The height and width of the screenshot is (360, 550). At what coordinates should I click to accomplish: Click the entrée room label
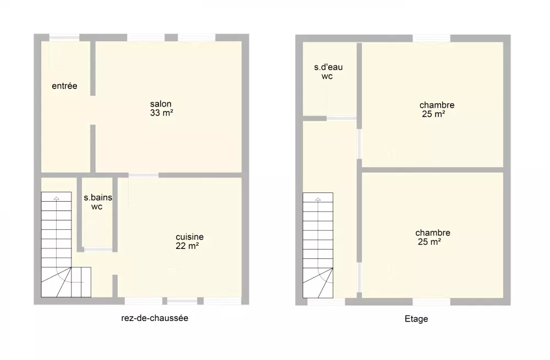pos(64,86)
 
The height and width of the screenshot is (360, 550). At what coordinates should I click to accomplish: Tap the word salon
pos(161,104)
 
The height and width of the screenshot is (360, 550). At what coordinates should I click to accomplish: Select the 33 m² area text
pos(161,113)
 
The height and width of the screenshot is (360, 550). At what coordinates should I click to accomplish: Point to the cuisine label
pos(189,237)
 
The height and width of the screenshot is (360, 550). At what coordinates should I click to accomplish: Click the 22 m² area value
pos(187,246)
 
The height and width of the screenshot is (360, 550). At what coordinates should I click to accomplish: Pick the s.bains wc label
pos(98,202)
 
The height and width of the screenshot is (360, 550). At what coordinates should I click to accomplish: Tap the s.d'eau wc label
pos(328,71)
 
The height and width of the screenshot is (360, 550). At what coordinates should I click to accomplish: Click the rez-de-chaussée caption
pos(155,318)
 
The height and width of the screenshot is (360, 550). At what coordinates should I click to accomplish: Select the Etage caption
pos(416,319)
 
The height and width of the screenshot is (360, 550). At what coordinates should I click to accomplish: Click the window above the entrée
pos(64,37)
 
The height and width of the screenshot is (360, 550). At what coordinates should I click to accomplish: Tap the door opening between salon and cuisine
pos(144,175)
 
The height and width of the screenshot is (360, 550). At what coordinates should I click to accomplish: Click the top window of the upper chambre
pos(431,38)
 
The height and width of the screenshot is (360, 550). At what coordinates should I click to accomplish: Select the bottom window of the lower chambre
pos(431,301)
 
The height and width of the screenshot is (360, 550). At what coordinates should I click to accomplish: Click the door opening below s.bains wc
pos(98,250)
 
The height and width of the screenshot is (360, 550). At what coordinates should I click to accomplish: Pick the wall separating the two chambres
pos(432,170)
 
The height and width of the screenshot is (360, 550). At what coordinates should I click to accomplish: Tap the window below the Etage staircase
pos(326,301)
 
